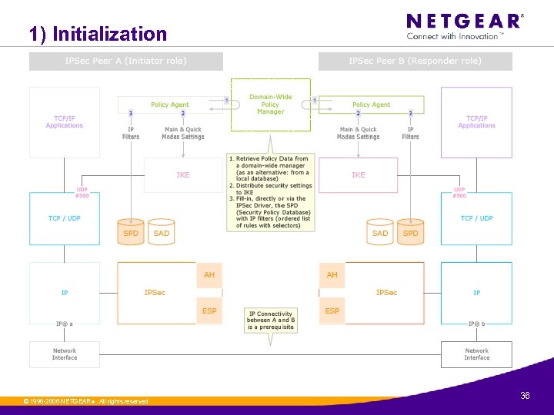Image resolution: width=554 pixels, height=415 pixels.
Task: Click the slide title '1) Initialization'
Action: point(98,34)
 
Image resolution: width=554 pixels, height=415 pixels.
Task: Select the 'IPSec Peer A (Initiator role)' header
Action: point(125,61)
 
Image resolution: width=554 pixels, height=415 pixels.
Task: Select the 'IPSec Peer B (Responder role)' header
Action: point(415,61)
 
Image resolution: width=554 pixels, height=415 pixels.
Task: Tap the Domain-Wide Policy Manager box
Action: point(270,105)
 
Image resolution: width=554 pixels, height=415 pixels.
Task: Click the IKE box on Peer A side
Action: point(183,175)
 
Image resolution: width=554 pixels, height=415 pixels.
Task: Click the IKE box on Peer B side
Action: point(359,175)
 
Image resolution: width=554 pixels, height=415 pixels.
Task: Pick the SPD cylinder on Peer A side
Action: point(132,233)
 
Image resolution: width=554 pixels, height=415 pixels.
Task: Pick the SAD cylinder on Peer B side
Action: point(380,233)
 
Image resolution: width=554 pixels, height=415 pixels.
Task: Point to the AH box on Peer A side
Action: point(209,275)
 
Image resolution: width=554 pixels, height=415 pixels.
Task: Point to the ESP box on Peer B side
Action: point(332,311)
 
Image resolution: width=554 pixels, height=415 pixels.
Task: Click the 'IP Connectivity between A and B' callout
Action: point(270,320)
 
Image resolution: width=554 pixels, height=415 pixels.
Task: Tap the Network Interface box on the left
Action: point(65,354)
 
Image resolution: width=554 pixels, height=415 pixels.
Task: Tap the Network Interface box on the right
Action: point(476,354)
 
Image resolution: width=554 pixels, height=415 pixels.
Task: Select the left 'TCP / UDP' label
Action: point(65,218)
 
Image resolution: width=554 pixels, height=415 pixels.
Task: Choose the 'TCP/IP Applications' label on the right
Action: point(476,122)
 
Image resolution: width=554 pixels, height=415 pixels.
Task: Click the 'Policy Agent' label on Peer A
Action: point(170,105)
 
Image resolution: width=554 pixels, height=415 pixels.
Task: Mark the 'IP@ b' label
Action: point(477,324)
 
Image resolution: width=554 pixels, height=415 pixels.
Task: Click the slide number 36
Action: point(525,396)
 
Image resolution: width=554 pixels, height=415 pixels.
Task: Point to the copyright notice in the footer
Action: point(86,401)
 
